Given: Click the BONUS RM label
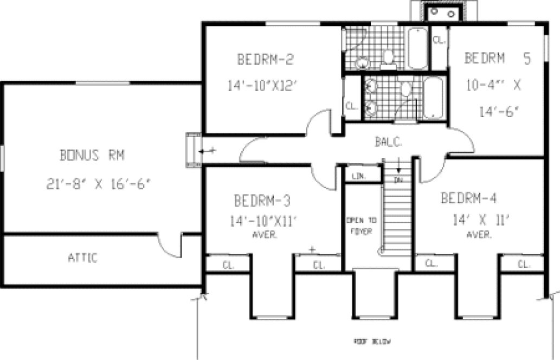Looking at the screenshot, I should coord(92,156).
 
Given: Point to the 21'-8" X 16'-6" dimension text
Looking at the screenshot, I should coord(98,184).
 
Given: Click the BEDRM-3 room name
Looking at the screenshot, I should coord(263,201).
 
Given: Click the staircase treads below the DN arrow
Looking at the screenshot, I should coord(398,217).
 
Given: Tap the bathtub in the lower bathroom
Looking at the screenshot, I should coord(434,98).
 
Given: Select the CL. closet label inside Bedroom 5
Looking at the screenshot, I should coord(439,40).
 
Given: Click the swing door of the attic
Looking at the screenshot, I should coord(172,247).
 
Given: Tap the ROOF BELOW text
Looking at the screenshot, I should coord(372,343).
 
